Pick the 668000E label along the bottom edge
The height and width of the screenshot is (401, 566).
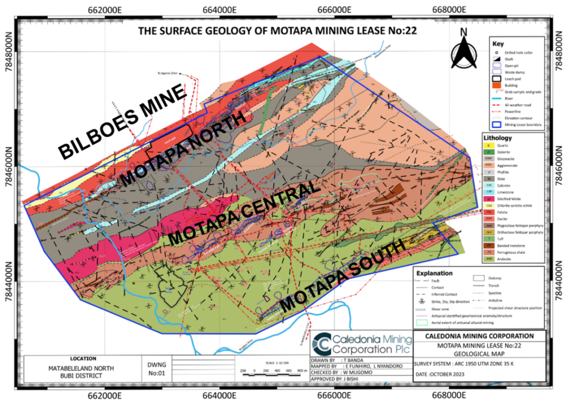click(447, 393)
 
